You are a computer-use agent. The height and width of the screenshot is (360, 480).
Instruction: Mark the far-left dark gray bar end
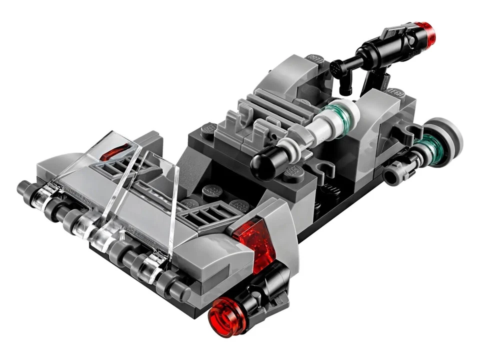click(x=23, y=188)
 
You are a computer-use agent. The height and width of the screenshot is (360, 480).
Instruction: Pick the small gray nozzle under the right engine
click(x=395, y=173)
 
